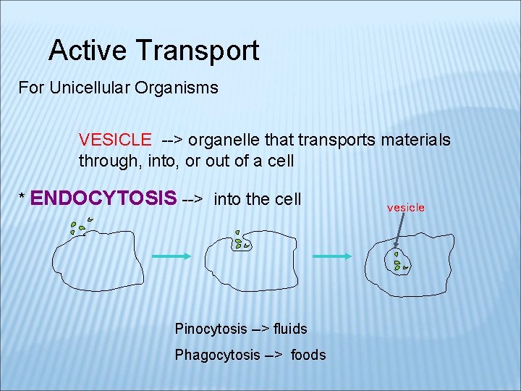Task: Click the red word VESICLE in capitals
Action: [115, 139]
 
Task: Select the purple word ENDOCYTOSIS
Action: [104, 198]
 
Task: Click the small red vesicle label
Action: [406, 208]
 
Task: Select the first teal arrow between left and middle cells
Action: [170, 256]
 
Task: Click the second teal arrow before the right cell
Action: [331, 256]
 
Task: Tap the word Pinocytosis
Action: [211, 329]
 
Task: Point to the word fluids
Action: [289, 329]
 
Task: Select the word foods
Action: [308, 355]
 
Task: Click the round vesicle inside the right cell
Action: [397, 262]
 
